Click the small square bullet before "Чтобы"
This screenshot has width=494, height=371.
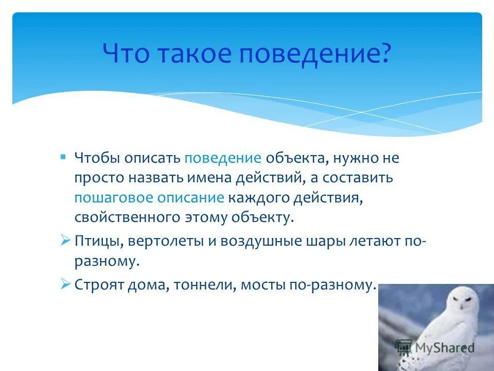click(63, 156)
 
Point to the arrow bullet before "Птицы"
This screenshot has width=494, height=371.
click(65, 240)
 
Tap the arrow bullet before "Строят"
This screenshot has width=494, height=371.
click(65, 283)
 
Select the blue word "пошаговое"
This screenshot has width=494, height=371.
click(111, 197)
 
